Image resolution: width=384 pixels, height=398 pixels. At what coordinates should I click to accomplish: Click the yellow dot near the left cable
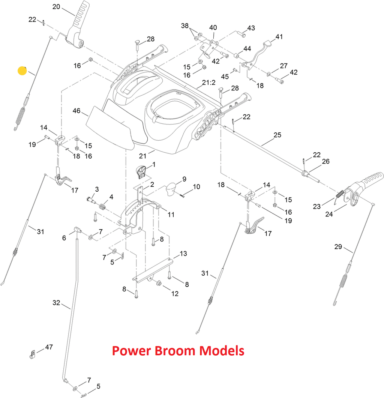point(22,71)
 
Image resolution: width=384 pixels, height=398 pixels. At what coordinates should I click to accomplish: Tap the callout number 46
point(76,111)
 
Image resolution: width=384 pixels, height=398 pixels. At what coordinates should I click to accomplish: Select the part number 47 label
point(49,347)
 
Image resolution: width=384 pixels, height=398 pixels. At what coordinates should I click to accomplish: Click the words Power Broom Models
point(178,351)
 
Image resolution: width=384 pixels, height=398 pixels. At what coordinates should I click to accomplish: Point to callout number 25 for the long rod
point(277,135)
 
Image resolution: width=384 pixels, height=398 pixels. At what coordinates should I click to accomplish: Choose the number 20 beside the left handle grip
point(56,6)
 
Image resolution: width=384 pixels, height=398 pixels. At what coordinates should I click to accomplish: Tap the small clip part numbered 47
point(33,353)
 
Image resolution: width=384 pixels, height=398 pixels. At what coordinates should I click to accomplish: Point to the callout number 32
point(56,302)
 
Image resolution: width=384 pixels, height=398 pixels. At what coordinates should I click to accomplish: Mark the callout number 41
point(279,37)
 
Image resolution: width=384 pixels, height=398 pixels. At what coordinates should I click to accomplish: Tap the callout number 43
point(251,28)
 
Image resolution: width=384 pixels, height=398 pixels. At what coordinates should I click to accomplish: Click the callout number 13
point(183,254)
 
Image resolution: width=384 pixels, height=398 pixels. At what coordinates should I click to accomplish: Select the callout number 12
point(175,294)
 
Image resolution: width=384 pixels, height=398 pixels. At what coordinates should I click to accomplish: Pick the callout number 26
point(325,161)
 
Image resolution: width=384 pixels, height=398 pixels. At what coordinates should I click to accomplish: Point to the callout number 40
point(213,28)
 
